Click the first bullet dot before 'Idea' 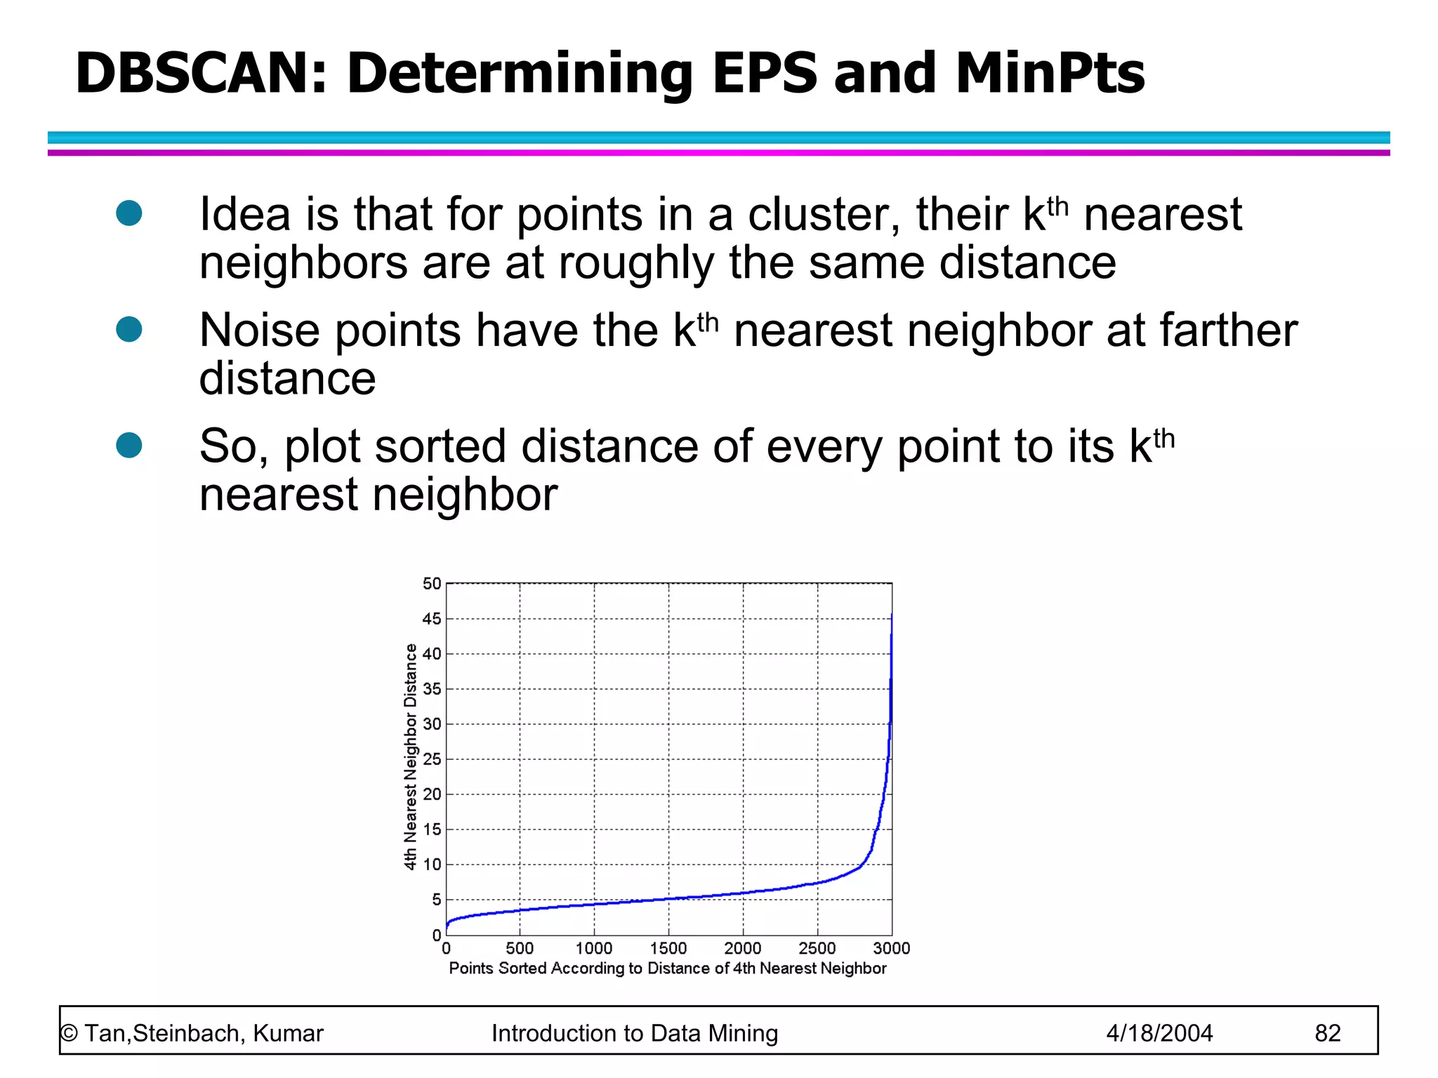click(129, 213)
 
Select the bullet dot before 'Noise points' click(129, 329)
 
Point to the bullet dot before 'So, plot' click(129, 445)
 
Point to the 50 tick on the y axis click(432, 583)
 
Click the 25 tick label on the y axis click(432, 759)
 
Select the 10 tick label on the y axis click(432, 865)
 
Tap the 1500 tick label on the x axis click(668, 949)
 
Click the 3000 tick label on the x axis click(891, 949)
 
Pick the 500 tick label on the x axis click(520, 949)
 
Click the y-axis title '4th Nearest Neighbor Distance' click(410, 757)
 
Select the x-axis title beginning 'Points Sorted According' click(667, 969)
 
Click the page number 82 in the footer click(1327, 1033)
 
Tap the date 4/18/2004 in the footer click(1159, 1033)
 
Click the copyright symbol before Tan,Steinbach click(69, 1034)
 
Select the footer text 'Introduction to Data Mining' click(634, 1033)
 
